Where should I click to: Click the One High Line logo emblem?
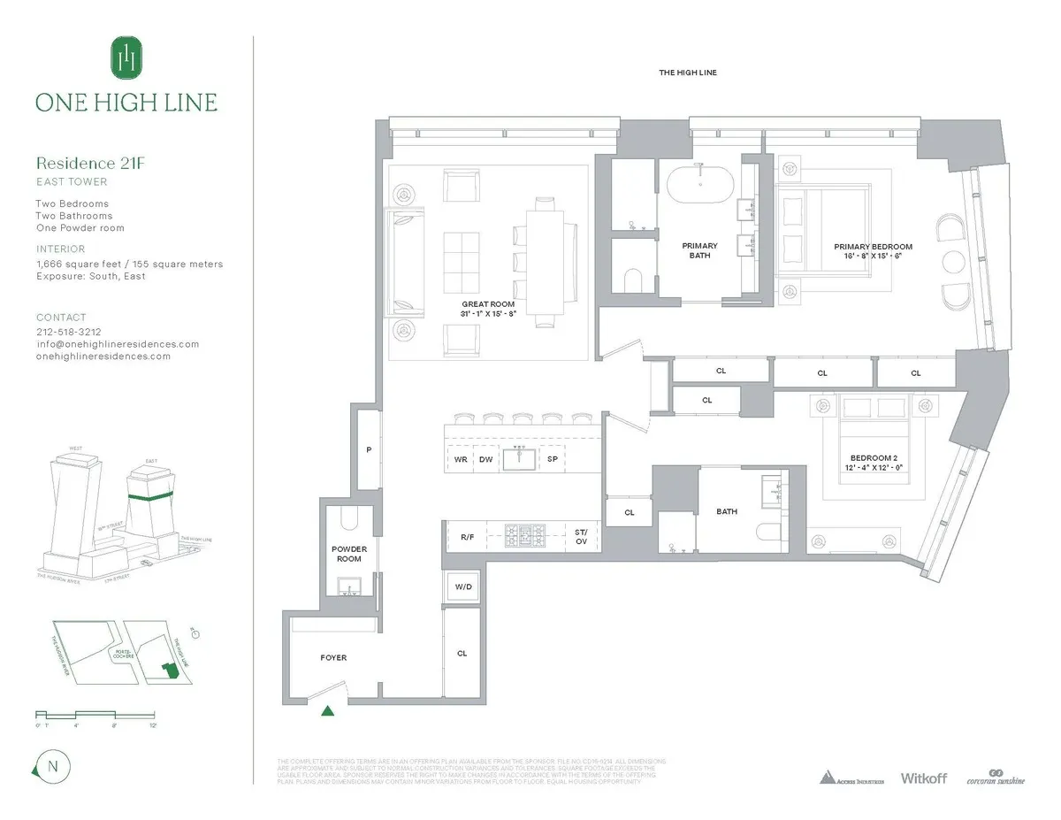pos(126,58)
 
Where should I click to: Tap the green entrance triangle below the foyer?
pos(328,709)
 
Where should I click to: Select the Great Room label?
pos(488,309)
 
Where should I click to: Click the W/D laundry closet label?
pos(462,586)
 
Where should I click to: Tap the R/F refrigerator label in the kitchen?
pos(468,536)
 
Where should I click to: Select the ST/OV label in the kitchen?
pos(581,536)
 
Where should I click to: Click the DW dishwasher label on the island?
pos(485,460)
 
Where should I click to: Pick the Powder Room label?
pos(348,554)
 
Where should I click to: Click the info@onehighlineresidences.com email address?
pos(118,344)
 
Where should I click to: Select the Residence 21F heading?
pos(88,163)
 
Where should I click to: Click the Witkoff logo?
pos(923,778)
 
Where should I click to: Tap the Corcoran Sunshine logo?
pos(995,777)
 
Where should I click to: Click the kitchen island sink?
pos(519,460)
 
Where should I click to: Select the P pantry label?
pos(369,450)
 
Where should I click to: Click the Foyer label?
pos(333,658)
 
